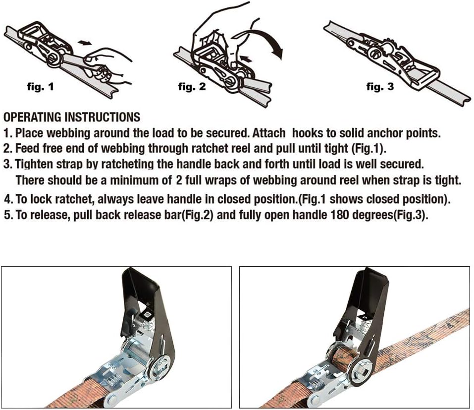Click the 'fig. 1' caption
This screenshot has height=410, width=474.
pyautogui.click(x=40, y=87)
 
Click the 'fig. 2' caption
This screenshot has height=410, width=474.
pyautogui.click(x=191, y=87)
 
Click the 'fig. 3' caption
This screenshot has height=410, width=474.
pyautogui.click(x=380, y=87)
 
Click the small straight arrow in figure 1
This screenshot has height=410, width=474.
pyautogui.click(x=85, y=43)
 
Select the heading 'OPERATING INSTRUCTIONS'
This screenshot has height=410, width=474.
pyautogui.click(x=72, y=117)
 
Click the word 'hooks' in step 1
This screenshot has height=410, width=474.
pyautogui.click(x=307, y=133)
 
